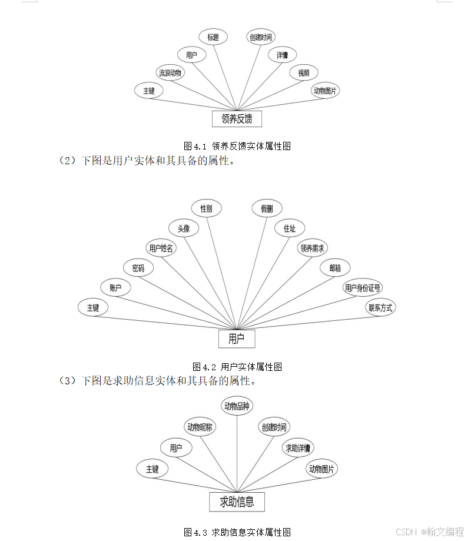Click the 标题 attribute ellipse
point(213,37)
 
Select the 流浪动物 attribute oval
point(170,73)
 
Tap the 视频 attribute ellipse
point(304,73)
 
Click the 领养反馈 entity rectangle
point(237,118)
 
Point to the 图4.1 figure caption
point(237,146)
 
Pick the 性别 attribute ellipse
point(207,208)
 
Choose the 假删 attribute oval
point(267,208)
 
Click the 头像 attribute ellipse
point(184,228)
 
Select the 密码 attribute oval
point(138,268)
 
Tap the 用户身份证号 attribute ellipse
point(363,288)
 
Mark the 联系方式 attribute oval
point(381,307)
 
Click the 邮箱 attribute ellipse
point(335,268)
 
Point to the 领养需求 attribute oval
point(312,248)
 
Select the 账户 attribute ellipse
point(115,288)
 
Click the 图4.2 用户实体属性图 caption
point(237,367)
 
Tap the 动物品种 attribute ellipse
point(237,406)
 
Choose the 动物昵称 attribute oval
point(200,427)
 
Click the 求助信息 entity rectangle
point(237,502)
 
